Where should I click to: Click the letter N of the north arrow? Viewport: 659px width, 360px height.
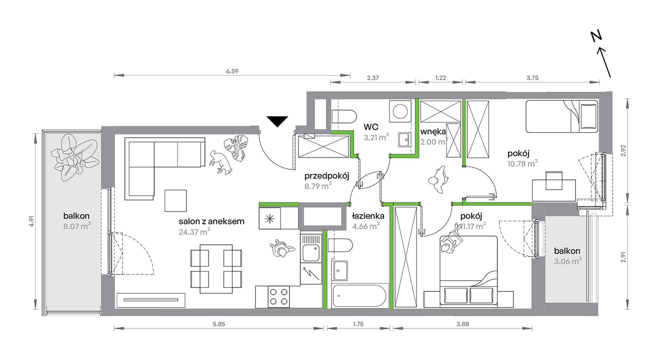[x=596, y=36]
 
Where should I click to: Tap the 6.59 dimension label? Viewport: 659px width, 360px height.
[x=232, y=71]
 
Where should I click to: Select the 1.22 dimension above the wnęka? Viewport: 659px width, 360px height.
[x=440, y=78]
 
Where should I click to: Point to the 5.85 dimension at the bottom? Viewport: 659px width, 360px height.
[x=219, y=324]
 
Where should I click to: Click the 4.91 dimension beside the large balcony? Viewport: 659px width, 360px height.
[x=32, y=221]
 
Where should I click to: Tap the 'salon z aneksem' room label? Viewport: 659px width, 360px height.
[x=212, y=221]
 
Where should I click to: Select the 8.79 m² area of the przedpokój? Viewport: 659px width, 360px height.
[x=318, y=186]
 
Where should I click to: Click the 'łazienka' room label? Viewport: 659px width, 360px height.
[x=368, y=216]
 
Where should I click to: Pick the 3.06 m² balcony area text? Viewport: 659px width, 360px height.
[x=568, y=261]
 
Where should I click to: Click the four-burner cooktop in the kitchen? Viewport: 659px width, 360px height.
[x=279, y=297]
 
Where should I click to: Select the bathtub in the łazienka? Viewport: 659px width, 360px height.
[x=359, y=296]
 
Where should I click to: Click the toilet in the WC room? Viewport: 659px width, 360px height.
[x=344, y=117]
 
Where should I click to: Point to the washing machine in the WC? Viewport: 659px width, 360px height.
[x=400, y=111]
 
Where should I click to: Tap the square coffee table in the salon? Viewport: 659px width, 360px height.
[x=176, y=200]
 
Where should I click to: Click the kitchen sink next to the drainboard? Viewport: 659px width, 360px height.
[x=311, y=253]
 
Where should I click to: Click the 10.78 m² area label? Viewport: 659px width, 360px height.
[x=522, y=163]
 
